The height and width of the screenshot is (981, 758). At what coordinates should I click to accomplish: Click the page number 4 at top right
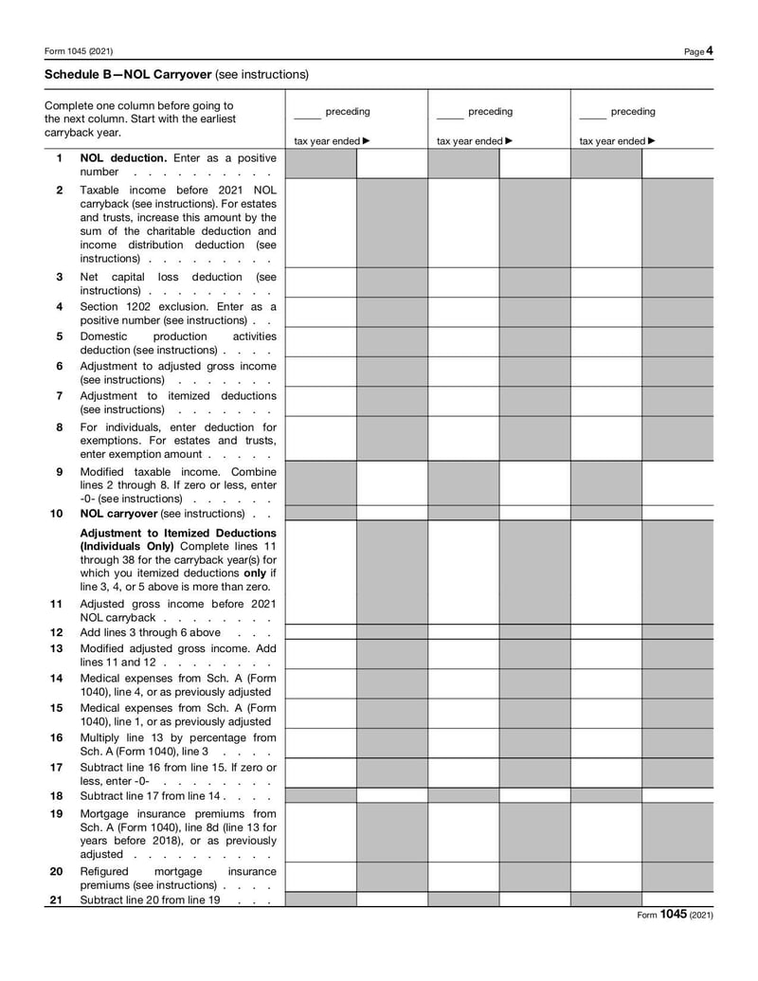[x=710, y=51]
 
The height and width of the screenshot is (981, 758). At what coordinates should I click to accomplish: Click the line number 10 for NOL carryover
[x=57, y=513]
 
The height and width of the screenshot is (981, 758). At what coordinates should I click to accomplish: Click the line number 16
[x=57, y=737]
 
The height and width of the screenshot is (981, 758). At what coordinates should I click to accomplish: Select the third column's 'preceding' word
[x=633, y=112]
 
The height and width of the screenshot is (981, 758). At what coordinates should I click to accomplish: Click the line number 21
[x=57, y=899]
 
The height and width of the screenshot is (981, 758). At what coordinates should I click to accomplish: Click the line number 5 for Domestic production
[x=60, y=336]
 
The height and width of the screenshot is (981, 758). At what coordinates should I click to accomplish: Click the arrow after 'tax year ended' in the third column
[x=652, y=141]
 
